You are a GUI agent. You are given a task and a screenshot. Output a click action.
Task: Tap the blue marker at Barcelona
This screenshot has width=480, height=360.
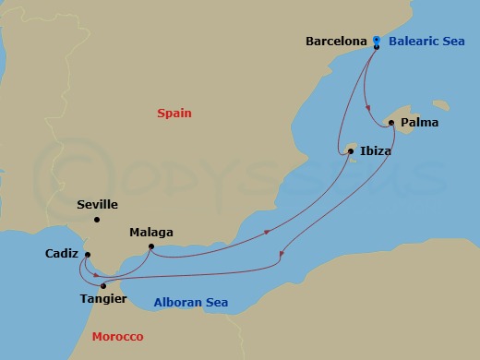pyautogui.click(x=377, y=40)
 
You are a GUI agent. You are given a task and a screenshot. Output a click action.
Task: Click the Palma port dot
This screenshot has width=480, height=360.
pyautogui.click(x=391, y=123)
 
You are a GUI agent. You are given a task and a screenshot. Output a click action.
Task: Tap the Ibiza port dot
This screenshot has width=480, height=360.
pyautogui.click(x=351, y=151)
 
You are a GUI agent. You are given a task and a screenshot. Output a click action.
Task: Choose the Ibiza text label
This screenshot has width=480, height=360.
pyautogui.click(x=376, y=151)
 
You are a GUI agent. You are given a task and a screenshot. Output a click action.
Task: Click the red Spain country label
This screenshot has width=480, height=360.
pyautogui.click(x=174, y=113)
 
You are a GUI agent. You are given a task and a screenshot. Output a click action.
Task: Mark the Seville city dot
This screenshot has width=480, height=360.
pyautogui.click(x=97, y=220)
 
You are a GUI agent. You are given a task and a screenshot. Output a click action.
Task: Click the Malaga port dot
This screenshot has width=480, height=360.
pyautogui.click(x=151, y=246)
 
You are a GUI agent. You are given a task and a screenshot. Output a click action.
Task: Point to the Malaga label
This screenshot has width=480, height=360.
pyautogui.click(x=151, y=233)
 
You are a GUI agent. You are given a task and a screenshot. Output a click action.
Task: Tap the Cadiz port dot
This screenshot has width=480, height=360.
pyautogui.click(x=88, y=255)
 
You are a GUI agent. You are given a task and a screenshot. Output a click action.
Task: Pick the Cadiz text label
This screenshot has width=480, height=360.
pyautogui.click(x=62, y=253)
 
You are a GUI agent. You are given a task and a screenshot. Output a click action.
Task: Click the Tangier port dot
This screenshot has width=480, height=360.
pyautogui.click(x=103, y=285)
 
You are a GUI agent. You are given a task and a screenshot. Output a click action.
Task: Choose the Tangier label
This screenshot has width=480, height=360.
pyautogui.click(x=104, y=299)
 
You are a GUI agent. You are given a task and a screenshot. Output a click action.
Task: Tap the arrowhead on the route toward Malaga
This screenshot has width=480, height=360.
pyautogui.click(x=267, y=233)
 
